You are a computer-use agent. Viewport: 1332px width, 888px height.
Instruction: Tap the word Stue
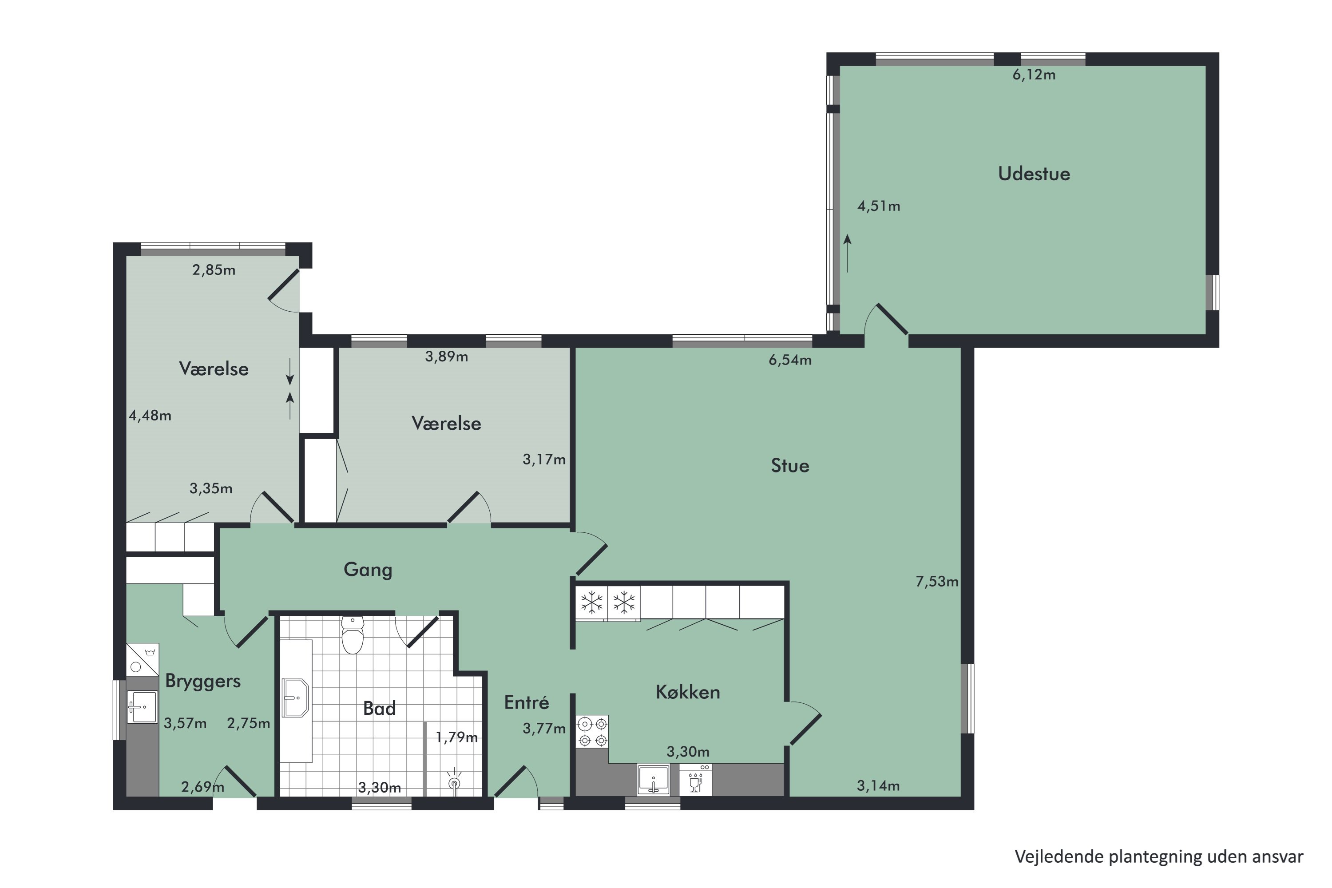(x=789, y=465)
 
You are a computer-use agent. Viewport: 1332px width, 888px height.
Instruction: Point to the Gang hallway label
(x=368, y=569)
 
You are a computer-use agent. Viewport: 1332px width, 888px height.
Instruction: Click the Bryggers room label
(x=203, y=681)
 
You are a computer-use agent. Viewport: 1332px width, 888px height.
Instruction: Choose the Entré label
(x=527, y=702)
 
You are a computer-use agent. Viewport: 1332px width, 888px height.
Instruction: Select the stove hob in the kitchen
(x=592, y=731)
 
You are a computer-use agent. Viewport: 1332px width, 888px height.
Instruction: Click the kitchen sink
(x=653, y=780)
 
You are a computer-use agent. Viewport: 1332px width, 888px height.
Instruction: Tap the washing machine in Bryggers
(x=142, y=659)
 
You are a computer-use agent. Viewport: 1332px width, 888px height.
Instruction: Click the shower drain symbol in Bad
(x=454, y=782)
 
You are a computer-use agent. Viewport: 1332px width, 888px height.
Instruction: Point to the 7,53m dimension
(x=937, y=581)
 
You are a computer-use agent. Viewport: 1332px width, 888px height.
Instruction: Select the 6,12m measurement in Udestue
(x=1034, y=75)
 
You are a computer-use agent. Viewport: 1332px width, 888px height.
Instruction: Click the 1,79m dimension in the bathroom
(x=456, y=737)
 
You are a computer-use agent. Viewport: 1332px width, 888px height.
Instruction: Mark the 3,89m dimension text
(x=446, y=356)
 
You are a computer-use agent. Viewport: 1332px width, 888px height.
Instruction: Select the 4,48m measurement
(x=150, y=416)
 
